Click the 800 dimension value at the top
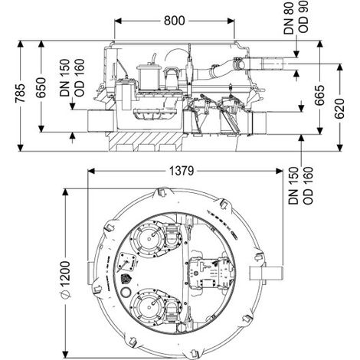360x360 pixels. pos(175,21)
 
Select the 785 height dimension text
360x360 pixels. pos(21,93)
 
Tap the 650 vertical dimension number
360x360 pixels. pos(41,87)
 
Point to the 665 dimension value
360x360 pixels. pos(319,95)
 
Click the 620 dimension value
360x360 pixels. pos(339,109)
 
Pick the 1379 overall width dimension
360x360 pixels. pos(182,171)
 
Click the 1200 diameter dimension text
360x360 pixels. pos(65,273)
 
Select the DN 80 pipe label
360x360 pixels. pos(289,18)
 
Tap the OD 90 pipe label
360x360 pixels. pos(303,16)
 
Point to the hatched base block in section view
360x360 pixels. pos(144,141)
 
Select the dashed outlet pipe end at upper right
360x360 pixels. pos(272,64)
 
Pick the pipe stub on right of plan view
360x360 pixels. pos(266,273)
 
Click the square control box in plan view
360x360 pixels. pos(127,263)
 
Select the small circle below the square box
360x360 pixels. pos(126,292)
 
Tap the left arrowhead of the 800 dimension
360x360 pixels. pos(118,21)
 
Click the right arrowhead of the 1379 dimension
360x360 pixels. pos(280,171)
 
